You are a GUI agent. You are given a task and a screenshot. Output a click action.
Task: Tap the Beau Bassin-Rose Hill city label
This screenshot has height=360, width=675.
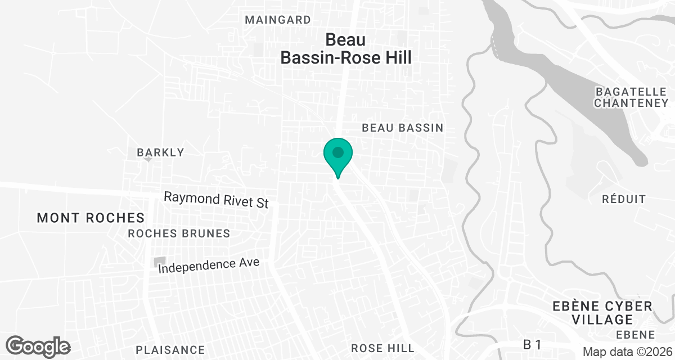point(346,49)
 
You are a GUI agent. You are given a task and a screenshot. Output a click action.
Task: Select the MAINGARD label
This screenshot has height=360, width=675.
point(278,20)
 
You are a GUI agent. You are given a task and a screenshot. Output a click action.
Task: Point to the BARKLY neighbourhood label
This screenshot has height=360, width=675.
point(160,152)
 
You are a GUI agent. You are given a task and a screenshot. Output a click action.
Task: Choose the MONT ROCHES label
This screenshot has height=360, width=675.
point(91,218)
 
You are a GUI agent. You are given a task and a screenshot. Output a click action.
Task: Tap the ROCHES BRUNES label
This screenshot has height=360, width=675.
point(179,233)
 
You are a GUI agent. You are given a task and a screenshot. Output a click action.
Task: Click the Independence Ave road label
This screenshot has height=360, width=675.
point(209,265)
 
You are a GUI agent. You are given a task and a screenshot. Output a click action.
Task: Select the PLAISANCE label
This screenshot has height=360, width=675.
point(170,350)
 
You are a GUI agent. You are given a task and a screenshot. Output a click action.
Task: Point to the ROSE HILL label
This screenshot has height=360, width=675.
point(382,348)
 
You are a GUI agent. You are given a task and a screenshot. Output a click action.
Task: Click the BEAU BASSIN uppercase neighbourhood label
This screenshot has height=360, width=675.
point(402,128)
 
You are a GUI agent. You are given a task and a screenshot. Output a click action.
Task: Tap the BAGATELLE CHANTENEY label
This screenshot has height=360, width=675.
point(631,97)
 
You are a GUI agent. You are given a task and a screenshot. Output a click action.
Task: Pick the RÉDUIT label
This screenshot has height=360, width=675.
point(624,199)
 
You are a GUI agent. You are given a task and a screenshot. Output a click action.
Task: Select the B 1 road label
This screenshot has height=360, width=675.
point(532,344)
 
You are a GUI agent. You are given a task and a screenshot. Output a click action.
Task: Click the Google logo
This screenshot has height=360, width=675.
point(38,346)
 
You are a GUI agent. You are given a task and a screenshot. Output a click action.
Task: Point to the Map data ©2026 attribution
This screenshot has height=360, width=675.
point(627,352)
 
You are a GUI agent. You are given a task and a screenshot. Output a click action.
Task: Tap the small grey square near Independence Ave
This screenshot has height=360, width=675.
point(160,262)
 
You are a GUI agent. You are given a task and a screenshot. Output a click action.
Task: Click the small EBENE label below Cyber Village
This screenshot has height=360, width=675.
point(635,335)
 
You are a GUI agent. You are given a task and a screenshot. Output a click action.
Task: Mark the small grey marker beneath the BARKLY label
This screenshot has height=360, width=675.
point(148,159)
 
